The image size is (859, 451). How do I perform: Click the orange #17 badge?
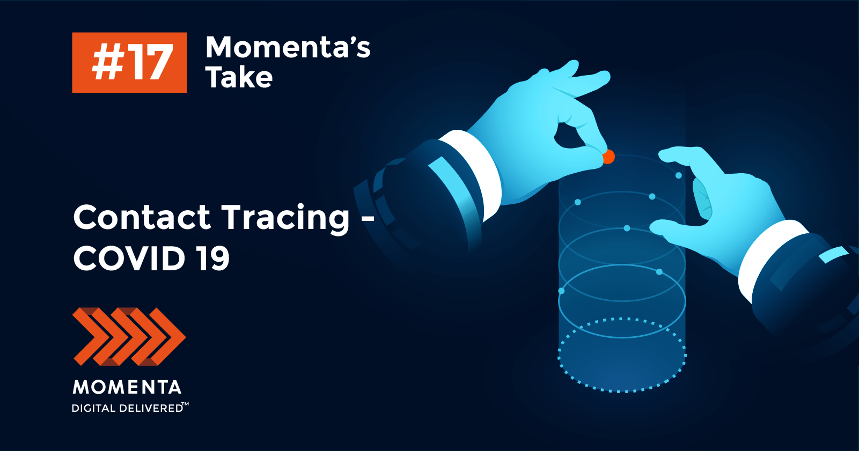tap(130, 62)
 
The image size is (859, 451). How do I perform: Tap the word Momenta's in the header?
tap(288, 48)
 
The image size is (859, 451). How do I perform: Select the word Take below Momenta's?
tap(239, 77)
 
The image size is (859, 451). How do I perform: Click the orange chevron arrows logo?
tap(129, 336)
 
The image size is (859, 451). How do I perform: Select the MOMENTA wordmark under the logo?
tap(127, 387)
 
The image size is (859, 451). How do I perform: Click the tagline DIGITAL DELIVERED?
tap(127, 409)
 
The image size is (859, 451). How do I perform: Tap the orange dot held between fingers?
tap(608, 157)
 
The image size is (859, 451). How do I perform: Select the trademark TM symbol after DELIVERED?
tap(185, 404)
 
